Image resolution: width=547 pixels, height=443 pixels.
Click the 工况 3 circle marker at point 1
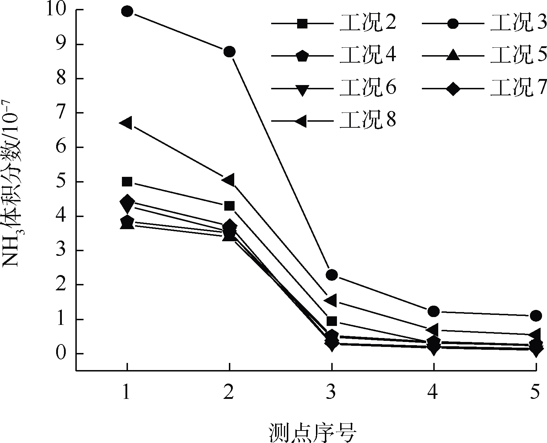click(x=127, y=11)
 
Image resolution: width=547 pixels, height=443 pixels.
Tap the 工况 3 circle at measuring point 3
click(x=331, y=275)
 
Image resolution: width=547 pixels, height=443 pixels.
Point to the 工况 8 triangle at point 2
click(x=229, y=180)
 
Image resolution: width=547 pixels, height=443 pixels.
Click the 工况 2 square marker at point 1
click(x=127, y=182)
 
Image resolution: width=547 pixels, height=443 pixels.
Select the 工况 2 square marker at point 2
click(x=229, y=206)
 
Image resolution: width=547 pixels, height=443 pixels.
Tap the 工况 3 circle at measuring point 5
click(x=536, y=316)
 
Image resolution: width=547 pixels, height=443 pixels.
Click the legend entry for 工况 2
click(x=368, y=23)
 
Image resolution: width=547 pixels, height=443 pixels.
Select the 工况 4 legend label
click(x=368, y=56)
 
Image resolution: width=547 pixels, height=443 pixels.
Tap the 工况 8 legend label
click(x=368, y=121)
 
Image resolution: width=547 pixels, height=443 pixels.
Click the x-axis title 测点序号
click(x=313, y=432)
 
